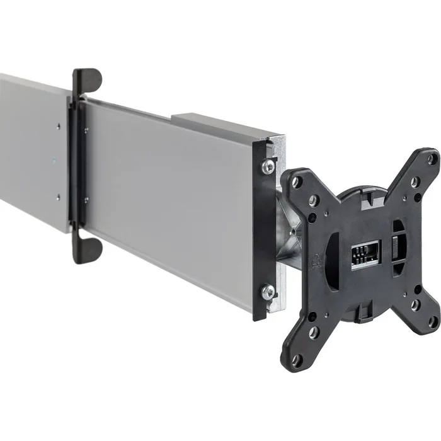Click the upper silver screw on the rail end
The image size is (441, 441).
(268, 167)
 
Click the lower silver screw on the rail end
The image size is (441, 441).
(268, 291)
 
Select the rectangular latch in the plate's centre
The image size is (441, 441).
(365, 255)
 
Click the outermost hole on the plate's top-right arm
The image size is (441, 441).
(432, 159)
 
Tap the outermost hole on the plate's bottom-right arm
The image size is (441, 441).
(432, 321)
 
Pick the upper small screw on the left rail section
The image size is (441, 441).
(58, 126)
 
